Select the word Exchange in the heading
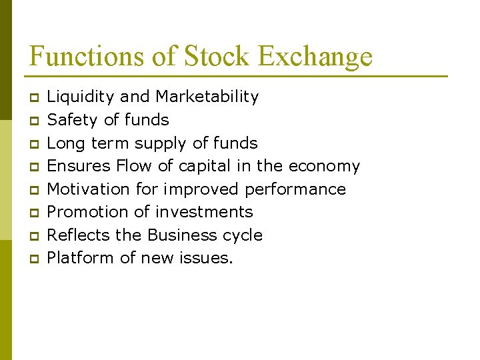(315, 57)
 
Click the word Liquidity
(81, 97)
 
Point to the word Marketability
(207, 97)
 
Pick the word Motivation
(89, 189)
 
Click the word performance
(295, 190)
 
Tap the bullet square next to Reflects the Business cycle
(34, 236)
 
